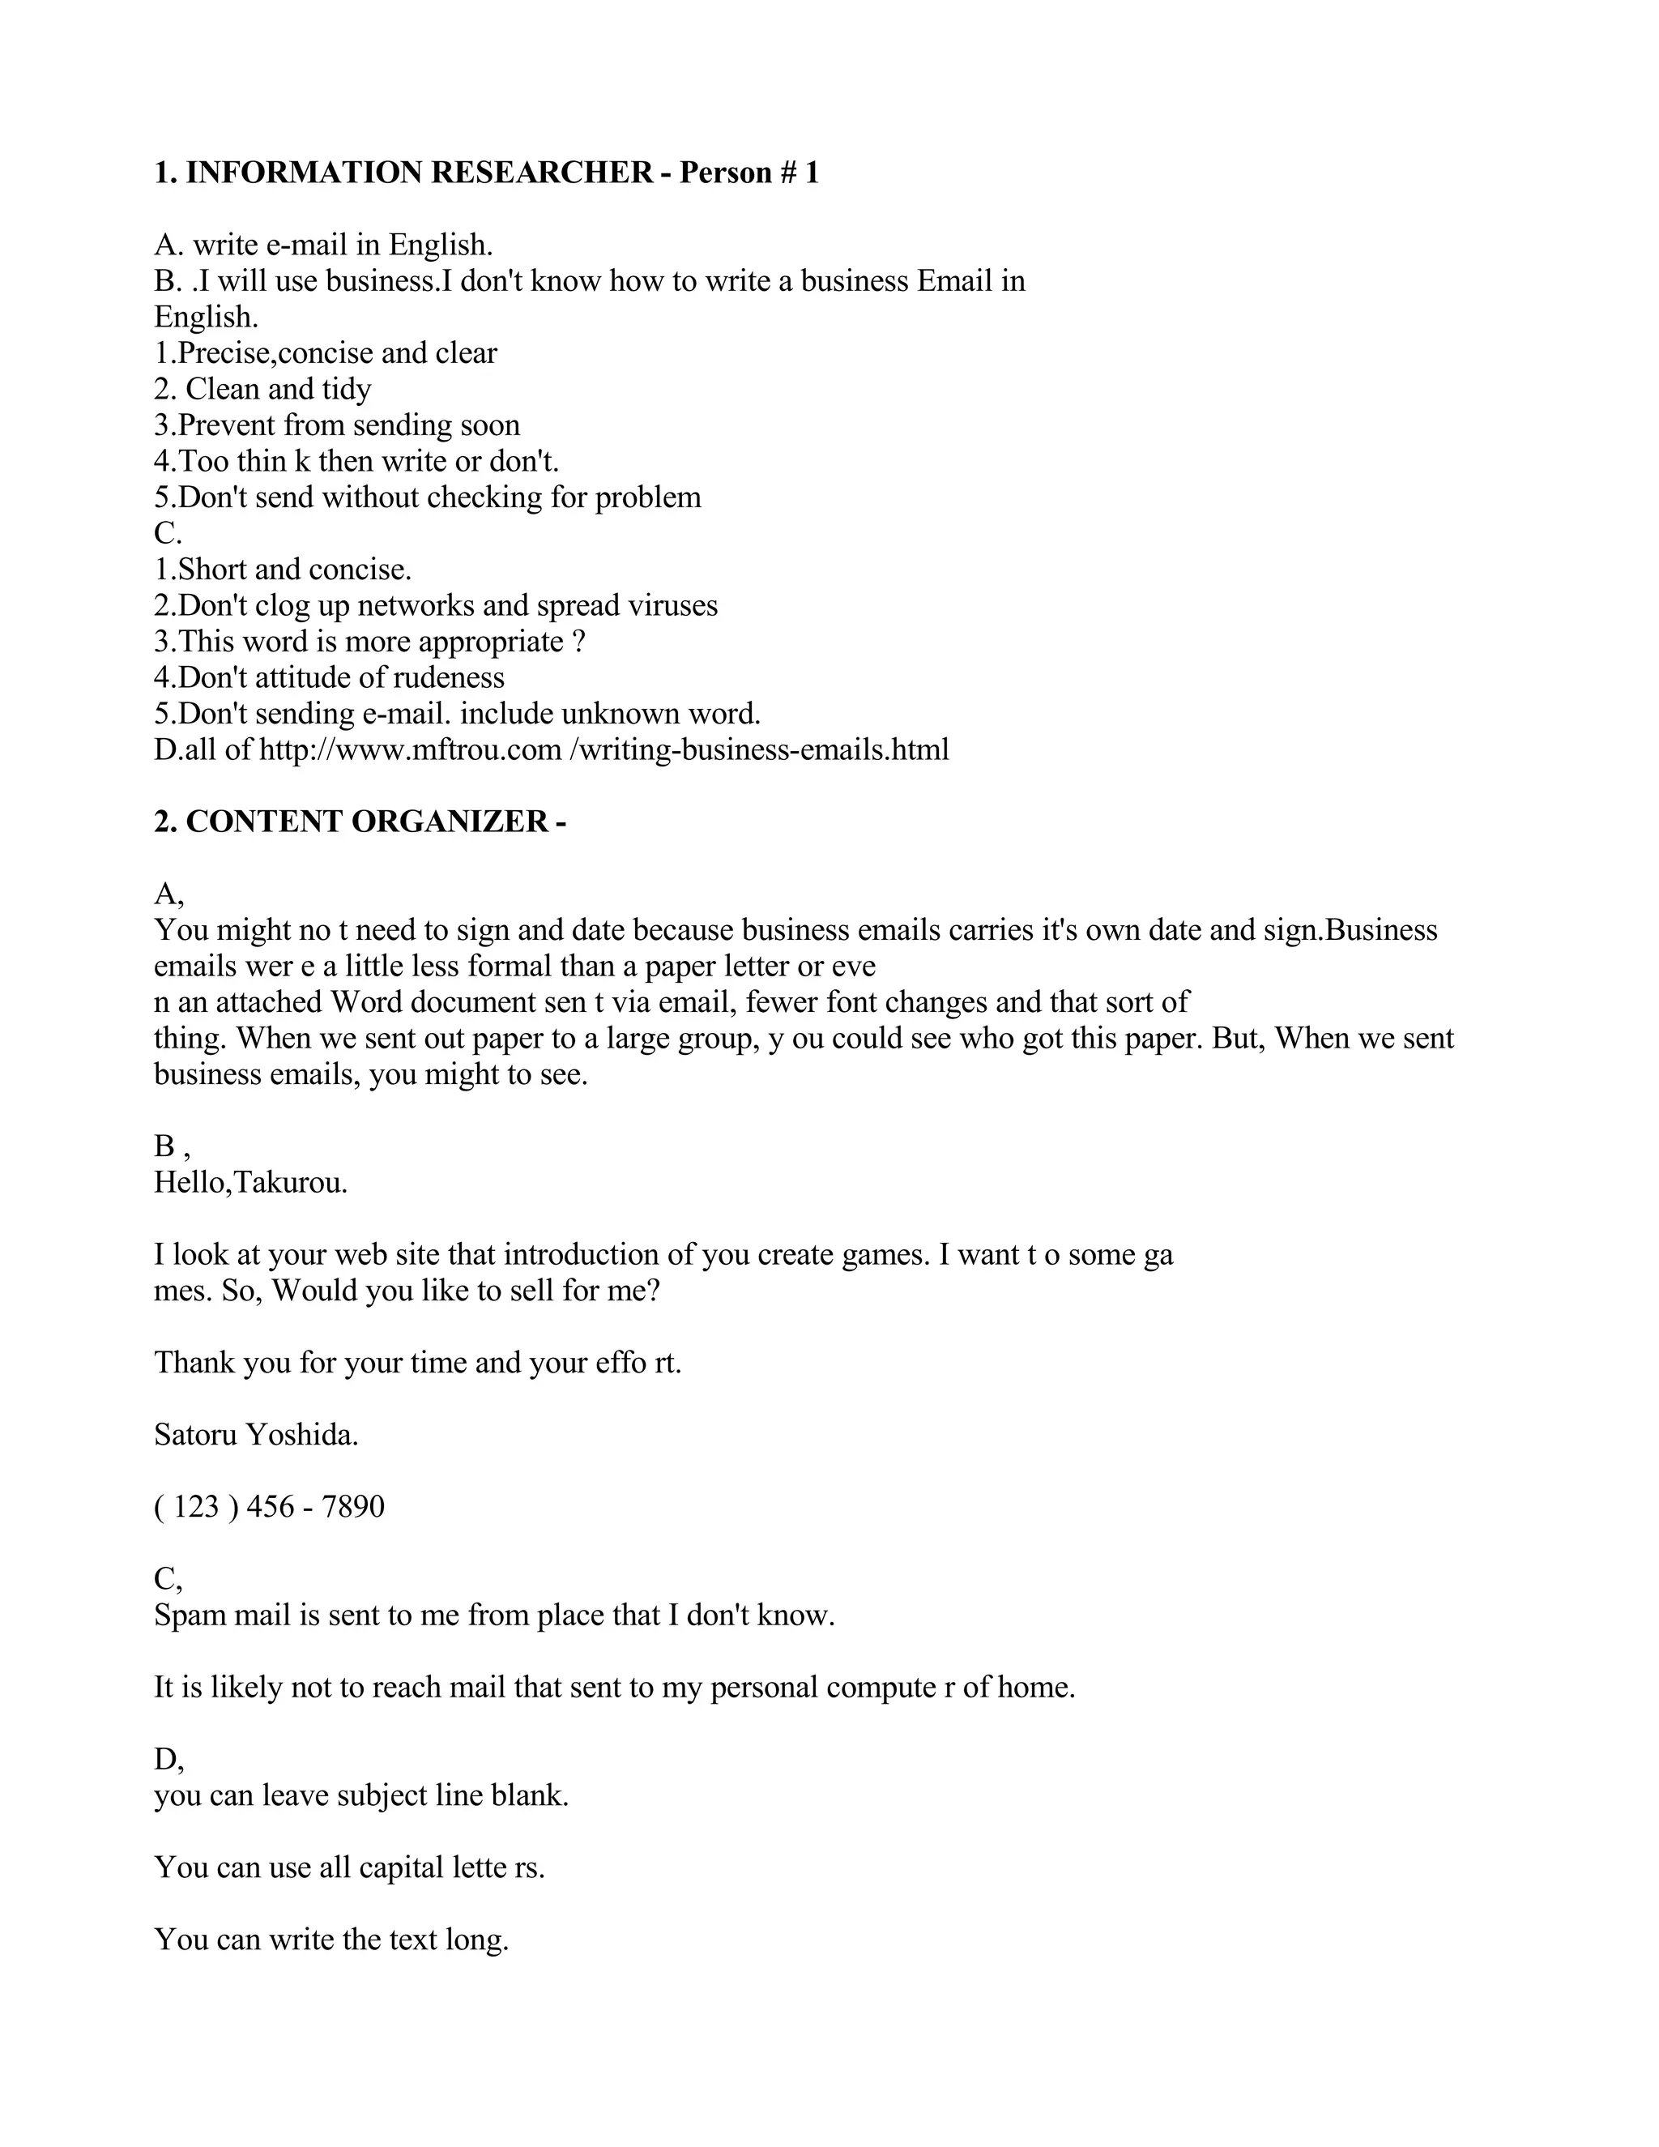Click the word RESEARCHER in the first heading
542,173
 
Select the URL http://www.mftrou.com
410,749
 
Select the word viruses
667,605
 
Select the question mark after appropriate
579,642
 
